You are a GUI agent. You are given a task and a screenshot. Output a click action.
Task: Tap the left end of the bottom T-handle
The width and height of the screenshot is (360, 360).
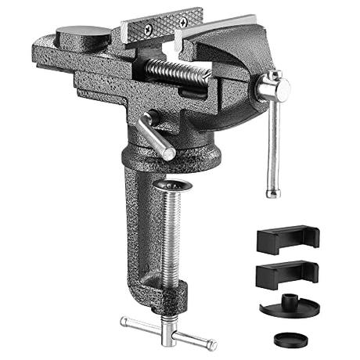pos(125,320)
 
